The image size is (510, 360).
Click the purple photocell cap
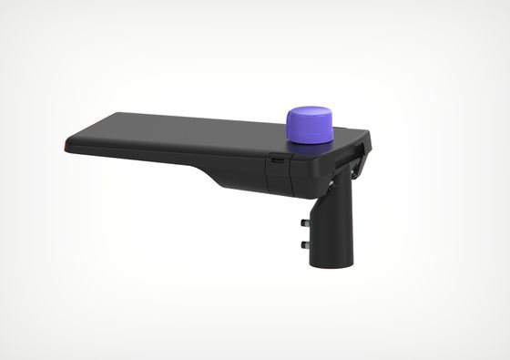[309, 125]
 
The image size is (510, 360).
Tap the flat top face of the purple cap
[309, 114]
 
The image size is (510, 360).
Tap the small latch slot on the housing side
[277, 159]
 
